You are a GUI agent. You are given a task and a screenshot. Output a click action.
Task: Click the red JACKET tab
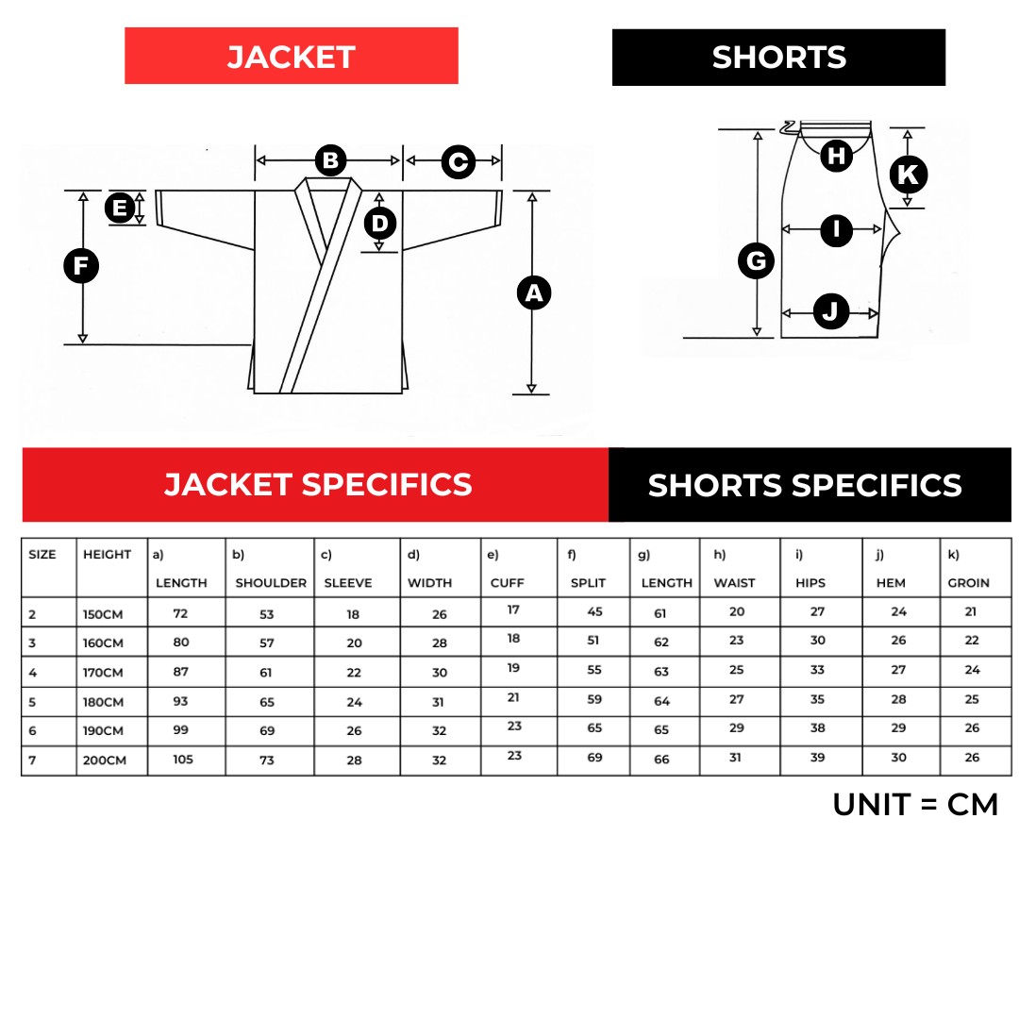click(291, 57)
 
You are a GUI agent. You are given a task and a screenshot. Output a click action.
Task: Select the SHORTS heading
click(778, 58)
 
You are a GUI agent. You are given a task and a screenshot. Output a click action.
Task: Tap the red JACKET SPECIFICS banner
click(315, 485)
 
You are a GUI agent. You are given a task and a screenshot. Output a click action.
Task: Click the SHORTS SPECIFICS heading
click(804, 486)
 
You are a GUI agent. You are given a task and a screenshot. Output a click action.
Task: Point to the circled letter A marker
click(534, 292)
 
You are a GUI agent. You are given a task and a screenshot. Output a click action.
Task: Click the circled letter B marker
click(330, 160)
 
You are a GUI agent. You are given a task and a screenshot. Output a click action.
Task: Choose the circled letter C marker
click(458, 161)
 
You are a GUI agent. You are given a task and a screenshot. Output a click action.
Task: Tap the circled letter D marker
click(380, 224)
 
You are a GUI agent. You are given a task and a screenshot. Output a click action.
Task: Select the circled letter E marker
click(120, 208)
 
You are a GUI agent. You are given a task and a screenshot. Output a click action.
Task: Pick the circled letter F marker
click(81, 266)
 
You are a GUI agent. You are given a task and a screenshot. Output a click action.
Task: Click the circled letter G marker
click(756, 260)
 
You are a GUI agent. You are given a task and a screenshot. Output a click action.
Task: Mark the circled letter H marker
click(836, 156)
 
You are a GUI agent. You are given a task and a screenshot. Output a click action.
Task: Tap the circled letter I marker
click(836, 230)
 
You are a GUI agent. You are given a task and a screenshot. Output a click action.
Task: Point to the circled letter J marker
click(831, 311)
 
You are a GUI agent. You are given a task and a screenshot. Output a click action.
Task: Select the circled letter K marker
click(908, 175)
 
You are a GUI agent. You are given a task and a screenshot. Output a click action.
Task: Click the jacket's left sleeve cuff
click(159, 208)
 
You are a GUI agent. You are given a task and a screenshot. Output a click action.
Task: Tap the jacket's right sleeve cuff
click(498, 208)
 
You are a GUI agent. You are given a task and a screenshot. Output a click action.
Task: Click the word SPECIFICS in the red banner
click(387, 485)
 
